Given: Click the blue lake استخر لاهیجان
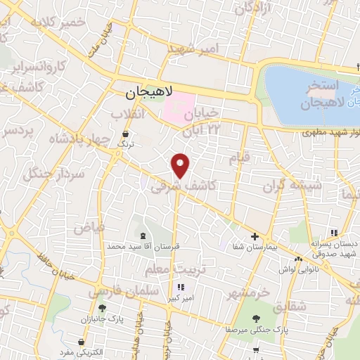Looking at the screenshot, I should (x=309, y=91).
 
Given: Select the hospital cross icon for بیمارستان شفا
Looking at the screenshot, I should (x=255, y=237).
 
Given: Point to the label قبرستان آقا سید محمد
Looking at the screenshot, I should (x=143, y=247).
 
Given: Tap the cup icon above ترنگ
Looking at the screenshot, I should (x=126, y=133).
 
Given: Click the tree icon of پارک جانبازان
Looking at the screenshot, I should (x=102, y=308).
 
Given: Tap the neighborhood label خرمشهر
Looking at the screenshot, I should (x=249, y=290).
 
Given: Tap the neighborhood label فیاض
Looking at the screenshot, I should (x=89, y=227).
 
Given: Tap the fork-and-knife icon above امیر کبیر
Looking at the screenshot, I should (x=181, y=287).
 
